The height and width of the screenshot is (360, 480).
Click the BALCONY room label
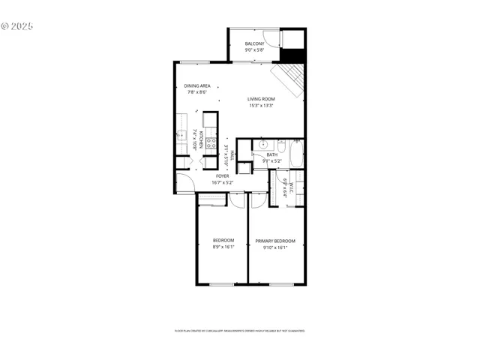point(254,43)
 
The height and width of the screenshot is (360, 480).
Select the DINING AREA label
point(196,86)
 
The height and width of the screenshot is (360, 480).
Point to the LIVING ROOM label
point(262,98)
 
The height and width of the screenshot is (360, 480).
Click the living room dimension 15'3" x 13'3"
point(262,106)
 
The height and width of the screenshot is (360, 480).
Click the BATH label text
point(261,154)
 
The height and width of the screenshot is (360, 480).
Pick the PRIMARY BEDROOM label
point(275,241)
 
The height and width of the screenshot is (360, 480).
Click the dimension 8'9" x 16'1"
point(223,247)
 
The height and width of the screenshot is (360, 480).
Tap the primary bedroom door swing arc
point(257,197)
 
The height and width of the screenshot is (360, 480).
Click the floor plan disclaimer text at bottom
point(239,330)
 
